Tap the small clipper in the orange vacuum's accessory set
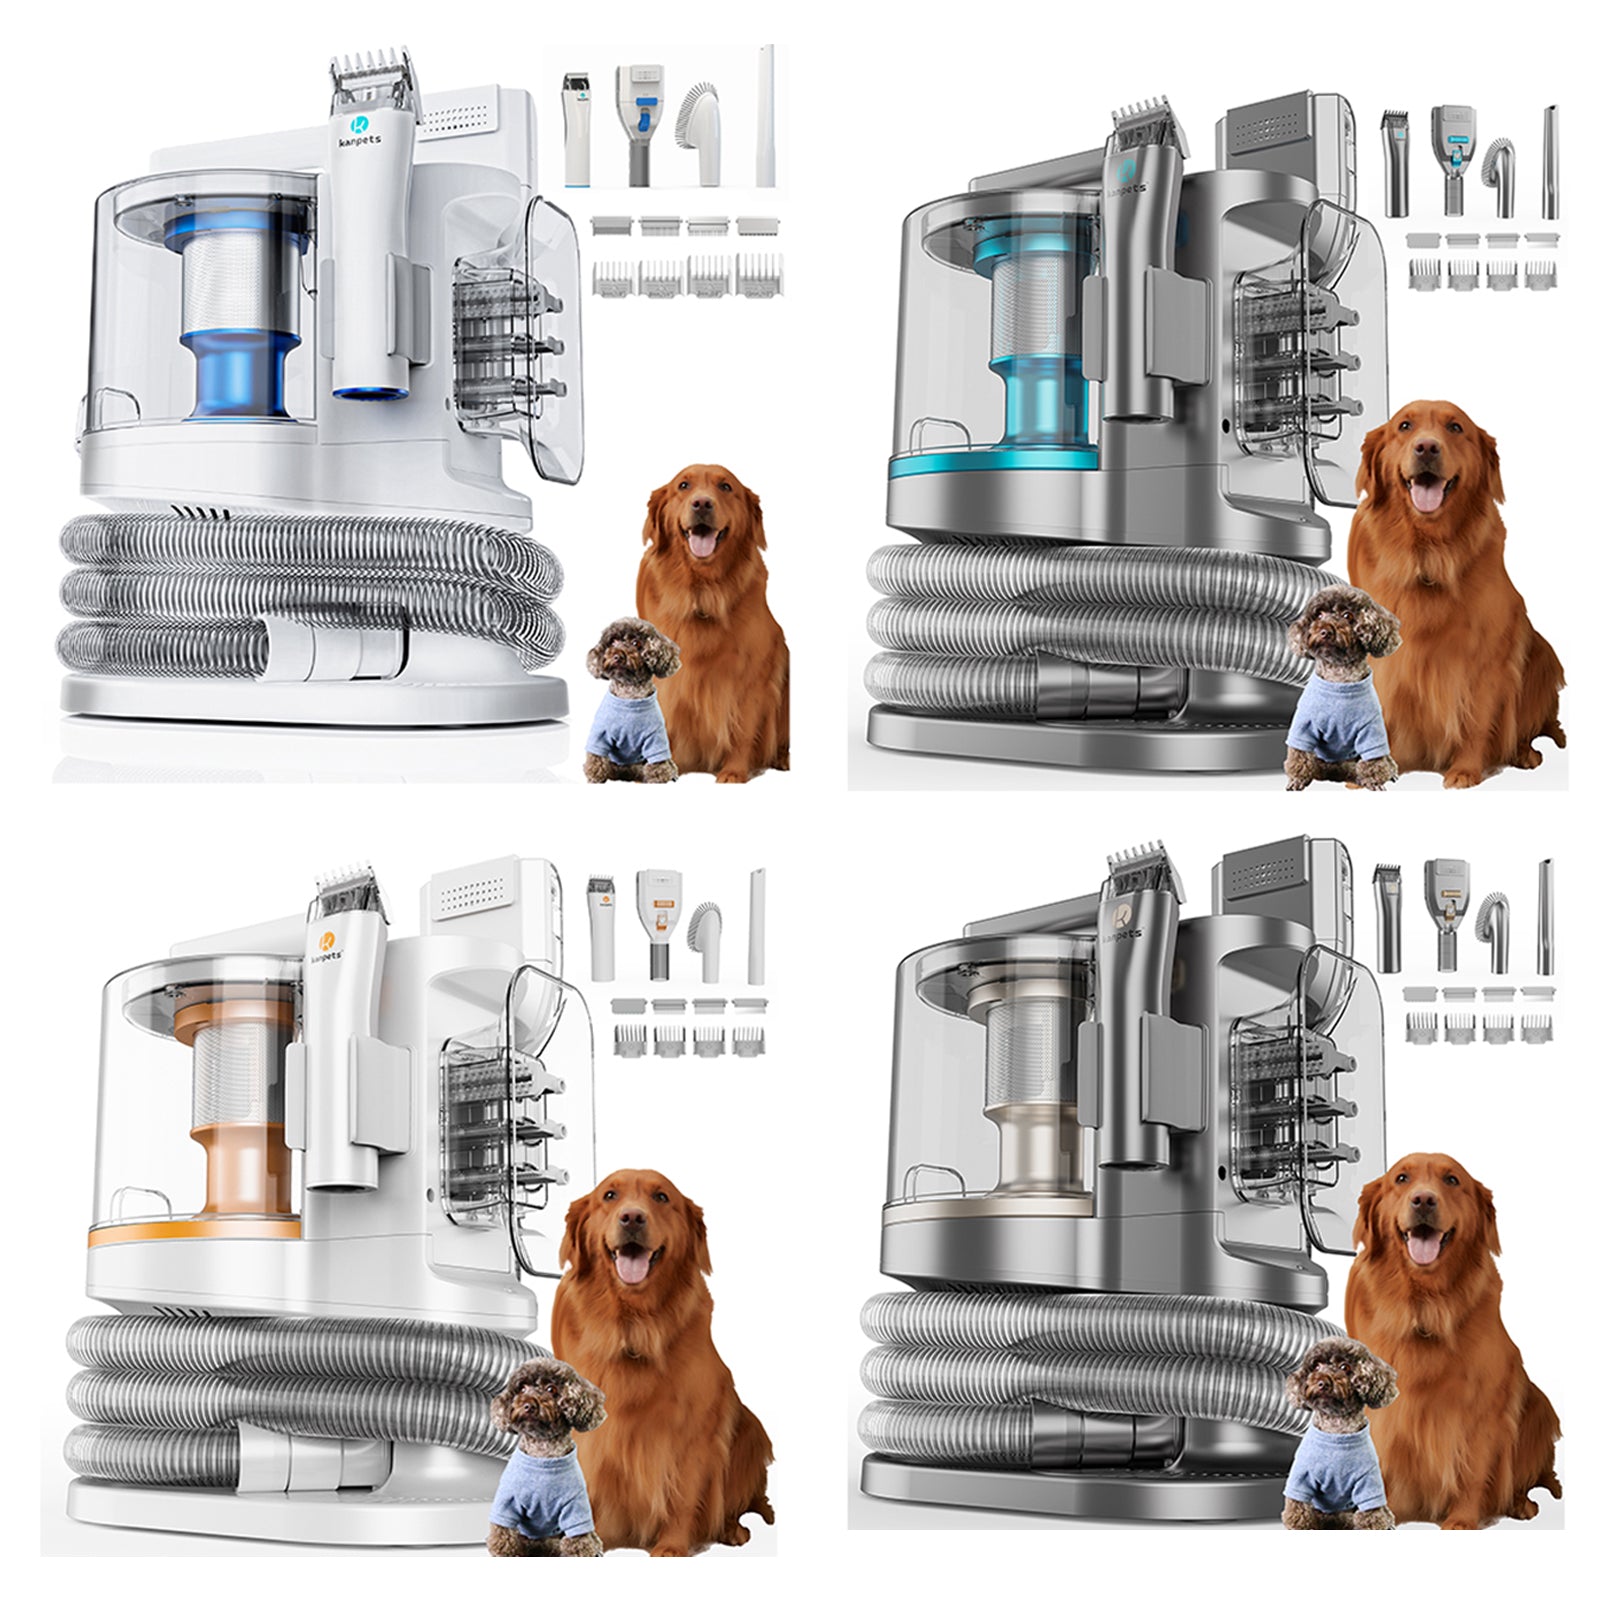pos(605,925)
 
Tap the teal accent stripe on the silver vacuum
pos(990,467)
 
